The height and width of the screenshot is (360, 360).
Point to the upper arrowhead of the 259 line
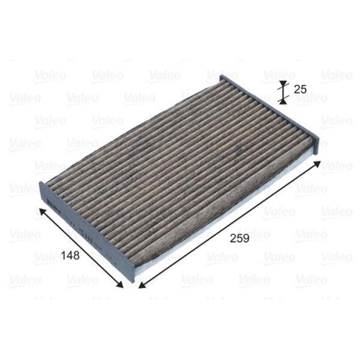(x=316, y=166)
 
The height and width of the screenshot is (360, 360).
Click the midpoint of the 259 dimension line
(x=228, y=225)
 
